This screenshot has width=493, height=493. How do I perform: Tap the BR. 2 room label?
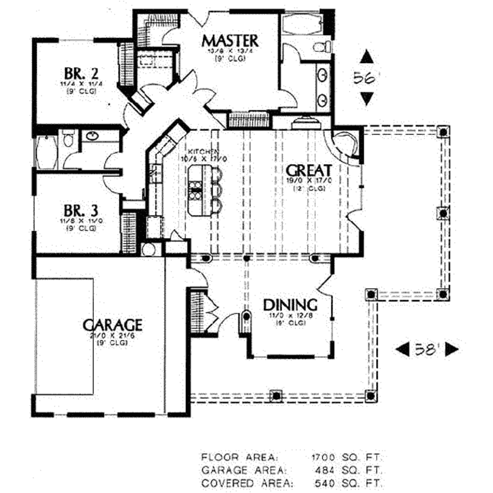coord(81,73)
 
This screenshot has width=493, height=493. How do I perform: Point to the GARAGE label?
coord(112,325)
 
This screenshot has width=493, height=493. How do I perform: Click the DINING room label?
coord(290,305)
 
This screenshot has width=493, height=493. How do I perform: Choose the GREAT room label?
coord(309,170)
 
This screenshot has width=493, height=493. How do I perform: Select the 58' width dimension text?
coord(427,350)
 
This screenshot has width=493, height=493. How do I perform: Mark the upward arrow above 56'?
coord(367,57)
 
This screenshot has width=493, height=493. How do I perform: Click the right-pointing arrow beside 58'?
coord(451,350)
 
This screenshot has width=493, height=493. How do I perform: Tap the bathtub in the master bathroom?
coord(301,24)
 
